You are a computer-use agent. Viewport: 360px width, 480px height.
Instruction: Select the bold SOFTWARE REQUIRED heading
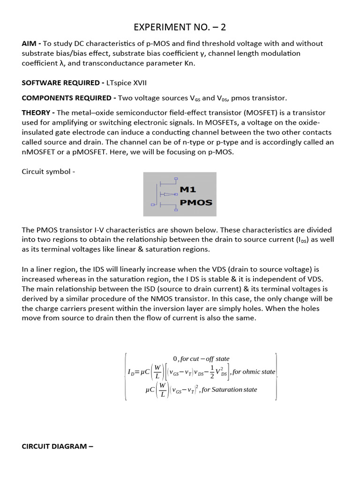(x=62, y=83)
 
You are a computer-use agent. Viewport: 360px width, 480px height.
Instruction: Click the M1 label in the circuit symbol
(x=190, y=189)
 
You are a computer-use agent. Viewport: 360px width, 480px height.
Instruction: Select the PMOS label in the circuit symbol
(x=196, y=203)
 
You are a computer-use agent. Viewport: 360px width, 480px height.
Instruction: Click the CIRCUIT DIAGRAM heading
(x=58, y=446)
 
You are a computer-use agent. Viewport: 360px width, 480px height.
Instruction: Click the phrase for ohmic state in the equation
(x=254, y=372)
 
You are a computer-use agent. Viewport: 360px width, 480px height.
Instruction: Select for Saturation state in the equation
(x=229, y=390)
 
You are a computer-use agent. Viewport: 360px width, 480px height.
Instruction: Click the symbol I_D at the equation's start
(x=131, y=372)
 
